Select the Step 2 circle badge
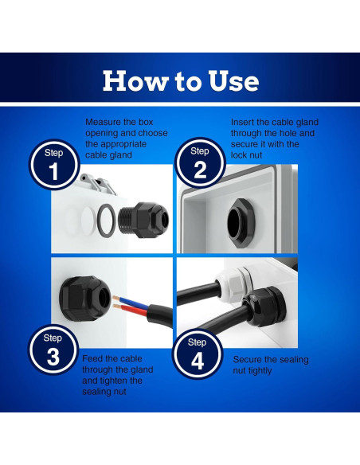point(200,164)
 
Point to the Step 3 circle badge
point(53,350)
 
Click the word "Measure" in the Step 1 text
point(104,123)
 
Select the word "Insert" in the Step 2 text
point(243,123)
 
